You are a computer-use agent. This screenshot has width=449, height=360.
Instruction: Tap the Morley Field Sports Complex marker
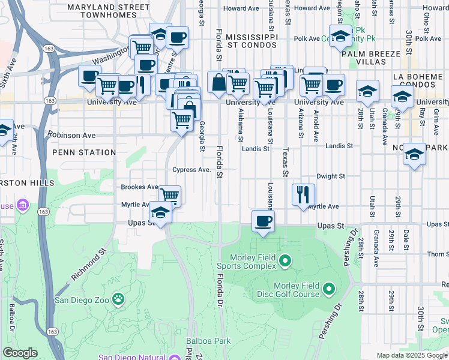point(285,261)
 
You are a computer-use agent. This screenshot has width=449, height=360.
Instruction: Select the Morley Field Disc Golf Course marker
point(328,289)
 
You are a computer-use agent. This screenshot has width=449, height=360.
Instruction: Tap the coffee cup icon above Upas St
point(262,221)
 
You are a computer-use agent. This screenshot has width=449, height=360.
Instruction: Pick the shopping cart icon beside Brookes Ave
point(170,195)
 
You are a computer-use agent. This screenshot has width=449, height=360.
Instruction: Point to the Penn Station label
point(83,152)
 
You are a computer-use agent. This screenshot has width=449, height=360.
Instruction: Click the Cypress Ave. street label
point(191,170)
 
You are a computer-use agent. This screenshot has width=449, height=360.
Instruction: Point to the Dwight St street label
point(331,176)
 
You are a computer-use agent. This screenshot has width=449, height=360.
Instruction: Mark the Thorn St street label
point(438,254)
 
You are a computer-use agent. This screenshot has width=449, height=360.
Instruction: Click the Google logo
point(20,353)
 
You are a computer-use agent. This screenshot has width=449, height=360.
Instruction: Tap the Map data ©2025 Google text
point(411,355)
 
